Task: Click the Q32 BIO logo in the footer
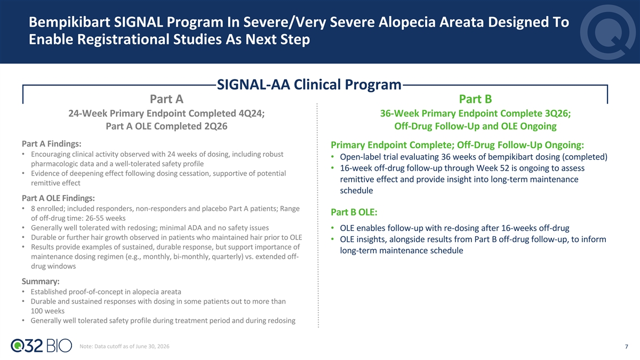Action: click(42, 346)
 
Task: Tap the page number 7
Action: click(626, 347)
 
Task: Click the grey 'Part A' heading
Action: click(166, 99)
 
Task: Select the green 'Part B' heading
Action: click(475, 99)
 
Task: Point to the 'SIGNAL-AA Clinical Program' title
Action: click(309, 84)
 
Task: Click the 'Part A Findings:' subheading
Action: click(51, 143)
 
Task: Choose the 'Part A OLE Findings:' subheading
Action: click(58, 198)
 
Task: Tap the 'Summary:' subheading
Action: click(41, 282)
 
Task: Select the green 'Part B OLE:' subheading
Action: click(354, 212)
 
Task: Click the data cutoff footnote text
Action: click(124, 346)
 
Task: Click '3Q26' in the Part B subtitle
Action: click(557, 114)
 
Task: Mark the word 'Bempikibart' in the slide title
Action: click(69, 22)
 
